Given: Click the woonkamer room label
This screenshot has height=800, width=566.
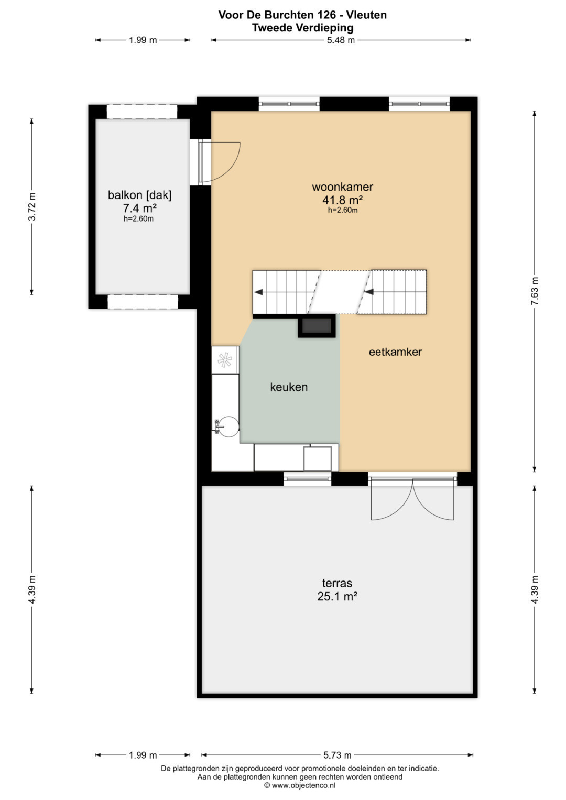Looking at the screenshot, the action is coord(342,187).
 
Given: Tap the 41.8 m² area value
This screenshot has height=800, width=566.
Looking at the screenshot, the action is coord(342,200).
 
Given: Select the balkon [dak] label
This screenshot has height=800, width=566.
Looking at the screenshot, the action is coord(140,195).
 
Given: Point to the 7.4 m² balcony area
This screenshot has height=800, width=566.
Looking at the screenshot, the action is coord(140,208).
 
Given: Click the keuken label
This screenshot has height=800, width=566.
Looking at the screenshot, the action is coord(289,387).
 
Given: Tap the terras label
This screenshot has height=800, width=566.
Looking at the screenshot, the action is coord(337,583).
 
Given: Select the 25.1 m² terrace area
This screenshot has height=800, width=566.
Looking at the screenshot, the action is coord(338,596).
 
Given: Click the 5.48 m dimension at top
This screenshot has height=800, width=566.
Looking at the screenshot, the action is coord(341,40).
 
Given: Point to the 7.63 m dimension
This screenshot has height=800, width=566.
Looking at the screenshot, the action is coord(534,291).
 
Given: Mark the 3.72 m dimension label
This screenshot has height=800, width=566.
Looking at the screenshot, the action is coord(32,206).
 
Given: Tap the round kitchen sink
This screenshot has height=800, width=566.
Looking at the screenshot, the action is coord(228,426).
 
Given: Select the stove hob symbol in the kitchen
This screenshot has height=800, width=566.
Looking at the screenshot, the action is coord(225,359).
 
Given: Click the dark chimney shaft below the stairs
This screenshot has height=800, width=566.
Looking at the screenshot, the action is coord(317,325).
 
